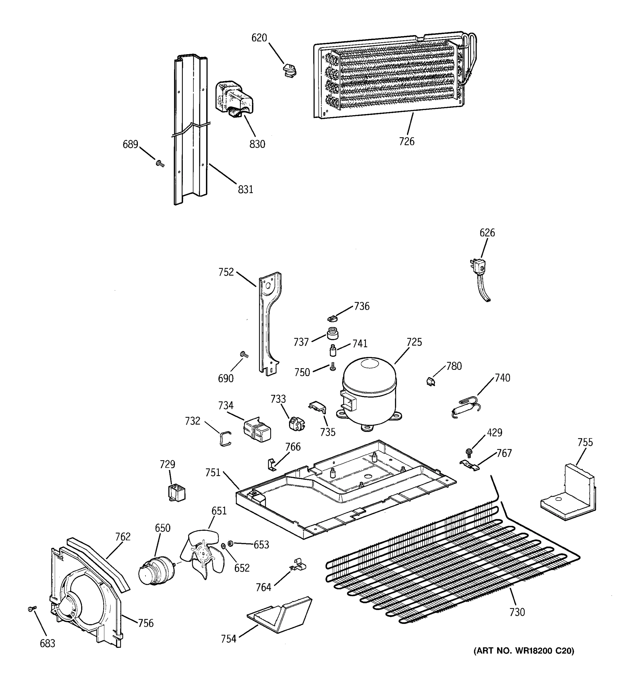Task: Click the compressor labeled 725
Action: (369, 393)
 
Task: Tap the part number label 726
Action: (406, 141)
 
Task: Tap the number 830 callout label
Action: (257, 144)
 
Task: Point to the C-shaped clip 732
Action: (225, 438)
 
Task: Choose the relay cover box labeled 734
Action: (257, 430)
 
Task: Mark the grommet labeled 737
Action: (333, 333)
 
